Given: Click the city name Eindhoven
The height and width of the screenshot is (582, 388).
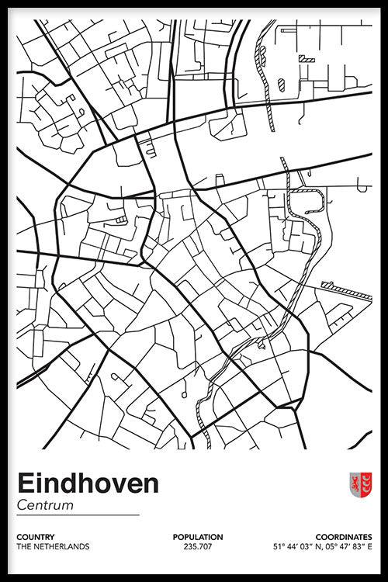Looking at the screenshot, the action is point(88,483).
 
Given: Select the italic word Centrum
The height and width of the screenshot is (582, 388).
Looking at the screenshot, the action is point(44,505).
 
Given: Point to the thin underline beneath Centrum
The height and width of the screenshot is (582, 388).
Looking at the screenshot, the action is point(78,515).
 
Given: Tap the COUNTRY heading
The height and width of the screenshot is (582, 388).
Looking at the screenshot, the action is point(34,536).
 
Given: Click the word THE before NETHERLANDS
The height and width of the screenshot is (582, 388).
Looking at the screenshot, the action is point(23,546).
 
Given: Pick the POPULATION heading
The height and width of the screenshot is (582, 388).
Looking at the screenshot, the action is point(198,536).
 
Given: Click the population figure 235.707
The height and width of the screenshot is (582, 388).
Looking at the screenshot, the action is point(198,546).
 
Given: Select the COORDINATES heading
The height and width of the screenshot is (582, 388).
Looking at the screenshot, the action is point(344,536).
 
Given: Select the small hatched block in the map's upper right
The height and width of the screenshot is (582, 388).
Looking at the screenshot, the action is point(308,58).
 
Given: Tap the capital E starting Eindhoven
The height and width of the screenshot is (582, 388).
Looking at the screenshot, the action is point(24,483).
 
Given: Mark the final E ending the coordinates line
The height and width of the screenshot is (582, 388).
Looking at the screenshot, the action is point(369,546).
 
